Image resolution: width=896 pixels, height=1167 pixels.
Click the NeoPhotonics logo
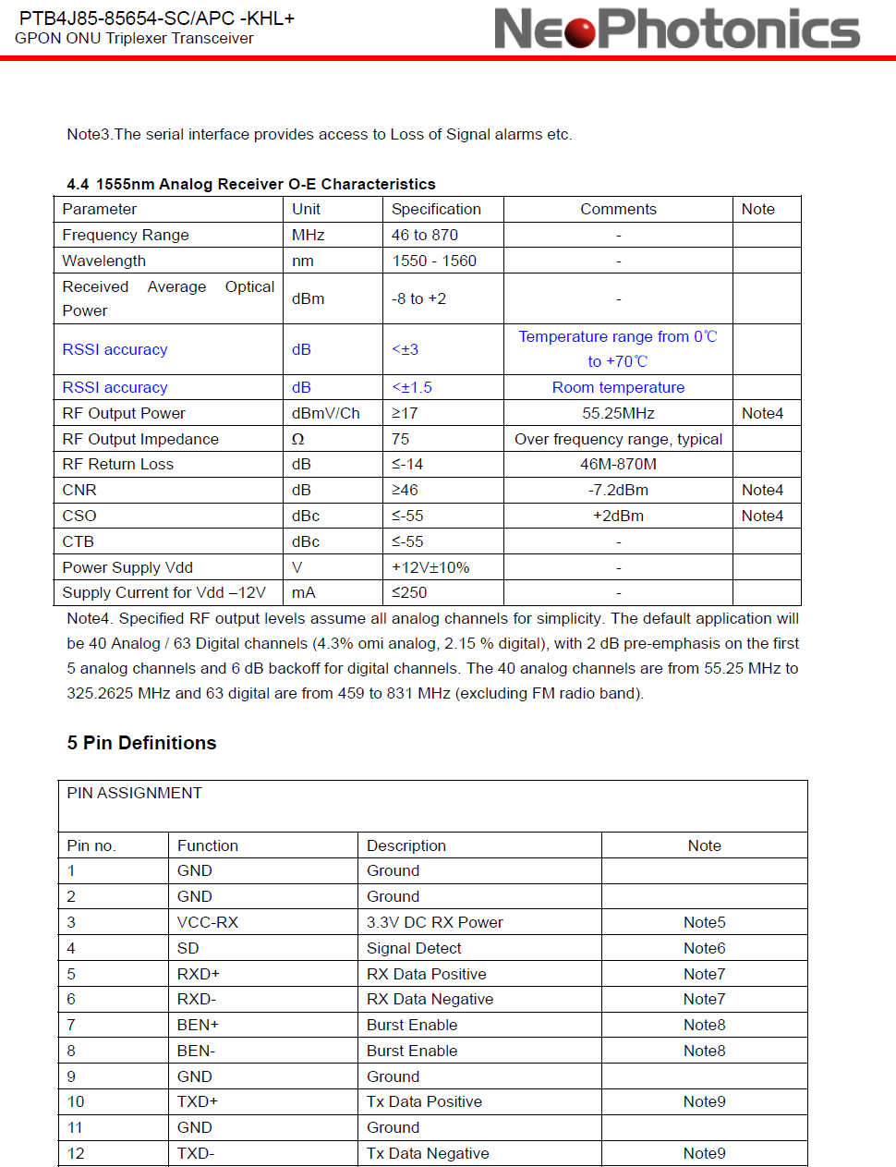[x=676, y=29]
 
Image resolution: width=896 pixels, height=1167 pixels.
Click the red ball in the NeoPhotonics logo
[x=580, y=30]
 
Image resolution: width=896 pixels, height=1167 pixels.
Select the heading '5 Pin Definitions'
[x=141, y=743]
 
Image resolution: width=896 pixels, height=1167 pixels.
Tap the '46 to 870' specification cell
[x=424, y=235]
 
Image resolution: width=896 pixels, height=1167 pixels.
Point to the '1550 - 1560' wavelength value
[x=433, y=261]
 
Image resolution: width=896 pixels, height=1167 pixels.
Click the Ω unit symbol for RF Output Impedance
[x=297, y=439]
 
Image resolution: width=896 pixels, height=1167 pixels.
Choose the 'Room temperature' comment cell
[x=618, y=387]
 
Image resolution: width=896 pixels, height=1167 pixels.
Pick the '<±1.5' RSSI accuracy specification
[x=412, y=387]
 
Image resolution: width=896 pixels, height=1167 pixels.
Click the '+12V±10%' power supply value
[x=430, y=567]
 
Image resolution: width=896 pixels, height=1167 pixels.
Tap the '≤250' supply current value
[x=409, y=592]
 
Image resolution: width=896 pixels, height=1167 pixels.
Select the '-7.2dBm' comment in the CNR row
[x=618, y=490]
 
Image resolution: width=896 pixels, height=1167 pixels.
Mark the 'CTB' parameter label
[x=78, y=541]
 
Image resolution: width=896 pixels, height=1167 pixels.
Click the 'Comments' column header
[x=618, y=209]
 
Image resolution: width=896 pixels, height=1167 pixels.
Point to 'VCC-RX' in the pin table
[x=207, y=922]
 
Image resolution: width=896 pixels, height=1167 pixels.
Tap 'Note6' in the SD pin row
[x=704, y=948]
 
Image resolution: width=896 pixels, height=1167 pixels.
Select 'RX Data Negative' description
[x=430, y=999]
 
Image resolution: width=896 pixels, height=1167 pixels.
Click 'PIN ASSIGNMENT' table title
[x=134, y=793]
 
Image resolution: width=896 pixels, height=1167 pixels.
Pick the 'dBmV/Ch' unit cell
[x=325, y=413]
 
